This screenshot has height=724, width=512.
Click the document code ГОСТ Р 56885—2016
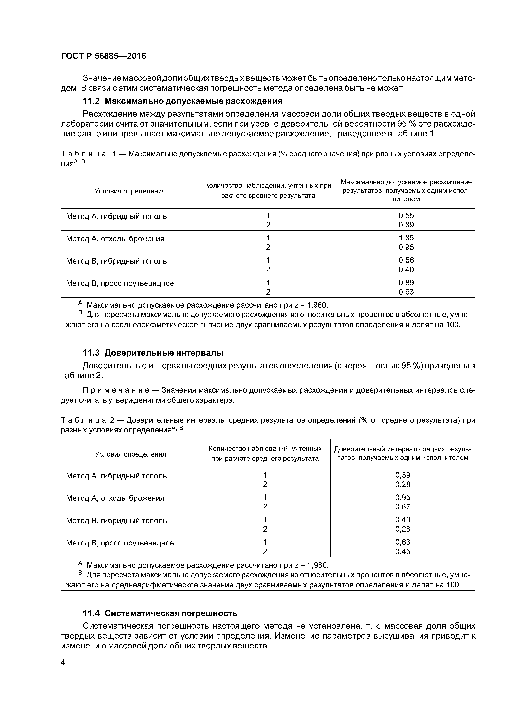(103, 56)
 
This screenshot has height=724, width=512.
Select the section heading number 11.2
(91, 101)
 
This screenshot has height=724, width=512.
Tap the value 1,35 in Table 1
(406, 238)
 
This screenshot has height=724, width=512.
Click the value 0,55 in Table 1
(406, 216)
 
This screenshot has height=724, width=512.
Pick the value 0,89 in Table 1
(406, 283)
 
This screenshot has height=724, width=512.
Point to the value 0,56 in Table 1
(406, 260)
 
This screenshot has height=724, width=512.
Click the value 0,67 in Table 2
(403, 507)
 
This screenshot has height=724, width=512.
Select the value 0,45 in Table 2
(403, 551)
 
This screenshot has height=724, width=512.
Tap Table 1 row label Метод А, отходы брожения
(115, 239)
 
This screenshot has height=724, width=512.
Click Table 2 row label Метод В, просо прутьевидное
(120, 543)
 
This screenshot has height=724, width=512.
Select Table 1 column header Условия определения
(130, 191)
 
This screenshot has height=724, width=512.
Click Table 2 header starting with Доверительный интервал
(403, 453)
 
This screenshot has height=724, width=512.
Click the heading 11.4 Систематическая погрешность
(160, 613)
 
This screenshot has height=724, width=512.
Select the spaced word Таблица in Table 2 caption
(84, 420)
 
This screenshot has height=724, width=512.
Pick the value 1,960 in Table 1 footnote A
(317, 305)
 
